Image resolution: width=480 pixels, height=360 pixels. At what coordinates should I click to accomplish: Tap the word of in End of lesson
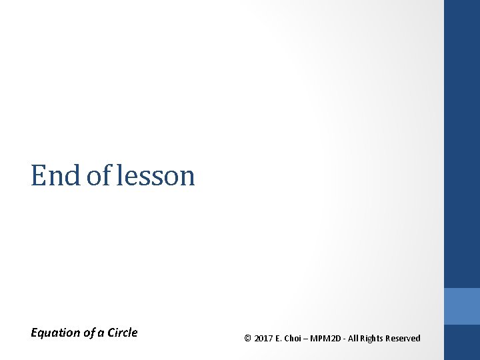[x=99, y=176]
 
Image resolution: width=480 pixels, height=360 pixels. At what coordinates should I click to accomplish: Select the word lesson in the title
[x=155, y=176]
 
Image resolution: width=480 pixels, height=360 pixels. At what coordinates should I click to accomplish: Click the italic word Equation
[x=55, y=333]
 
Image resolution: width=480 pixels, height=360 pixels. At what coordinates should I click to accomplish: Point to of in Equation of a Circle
[x=89, y=333]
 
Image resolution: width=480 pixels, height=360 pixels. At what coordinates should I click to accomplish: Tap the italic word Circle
[x=123, y=333]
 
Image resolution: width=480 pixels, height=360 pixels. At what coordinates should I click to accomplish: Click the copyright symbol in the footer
[x=248, y=339]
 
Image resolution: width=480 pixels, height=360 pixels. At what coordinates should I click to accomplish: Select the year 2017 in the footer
[x=264, y=339]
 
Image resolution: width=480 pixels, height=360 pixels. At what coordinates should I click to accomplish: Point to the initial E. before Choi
[x=280, y=339]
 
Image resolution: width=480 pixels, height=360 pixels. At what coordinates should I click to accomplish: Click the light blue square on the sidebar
[x=462, y=306]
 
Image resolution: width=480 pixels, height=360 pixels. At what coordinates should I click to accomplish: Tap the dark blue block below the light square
[x=462, y=343]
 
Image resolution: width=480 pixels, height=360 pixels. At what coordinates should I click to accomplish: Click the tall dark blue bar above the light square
[x=462, y=143]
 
